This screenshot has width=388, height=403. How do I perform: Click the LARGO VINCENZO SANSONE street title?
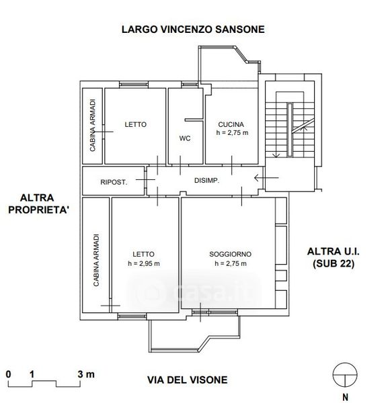[x=193, y=30]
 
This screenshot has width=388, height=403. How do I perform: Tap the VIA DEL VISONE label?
[x=188, y=380]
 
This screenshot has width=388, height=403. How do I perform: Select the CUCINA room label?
[x=231, y=124]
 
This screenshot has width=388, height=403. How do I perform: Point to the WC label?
[x=185, y=138]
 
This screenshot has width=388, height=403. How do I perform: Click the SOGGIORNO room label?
[x=230, y=254]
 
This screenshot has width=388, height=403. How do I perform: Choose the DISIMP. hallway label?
[x=206, y=181]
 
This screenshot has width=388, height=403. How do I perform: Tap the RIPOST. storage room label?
[x=114, y=182]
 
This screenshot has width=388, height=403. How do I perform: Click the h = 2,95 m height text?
[x=144, y=263]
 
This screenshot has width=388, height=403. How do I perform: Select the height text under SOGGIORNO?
[x=231, y=263]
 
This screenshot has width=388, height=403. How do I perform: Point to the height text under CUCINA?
[x=233, y=132]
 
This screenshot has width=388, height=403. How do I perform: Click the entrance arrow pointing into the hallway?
[x=266, y=177]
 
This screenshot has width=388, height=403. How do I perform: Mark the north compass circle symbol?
[x=345, y=375]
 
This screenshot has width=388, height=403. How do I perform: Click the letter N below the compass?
[x=345, y=397]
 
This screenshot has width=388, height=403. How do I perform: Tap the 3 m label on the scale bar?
[x=86, y=374]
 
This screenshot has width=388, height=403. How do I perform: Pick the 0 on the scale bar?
[x=9, y=374]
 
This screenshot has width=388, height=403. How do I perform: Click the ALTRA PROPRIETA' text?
[x=38, y=204]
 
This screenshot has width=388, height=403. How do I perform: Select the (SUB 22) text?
[x=334, y=263]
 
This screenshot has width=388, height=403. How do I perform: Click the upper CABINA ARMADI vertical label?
[x=92, y=125]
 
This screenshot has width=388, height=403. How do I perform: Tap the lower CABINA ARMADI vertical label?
[x=96, y=260]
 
